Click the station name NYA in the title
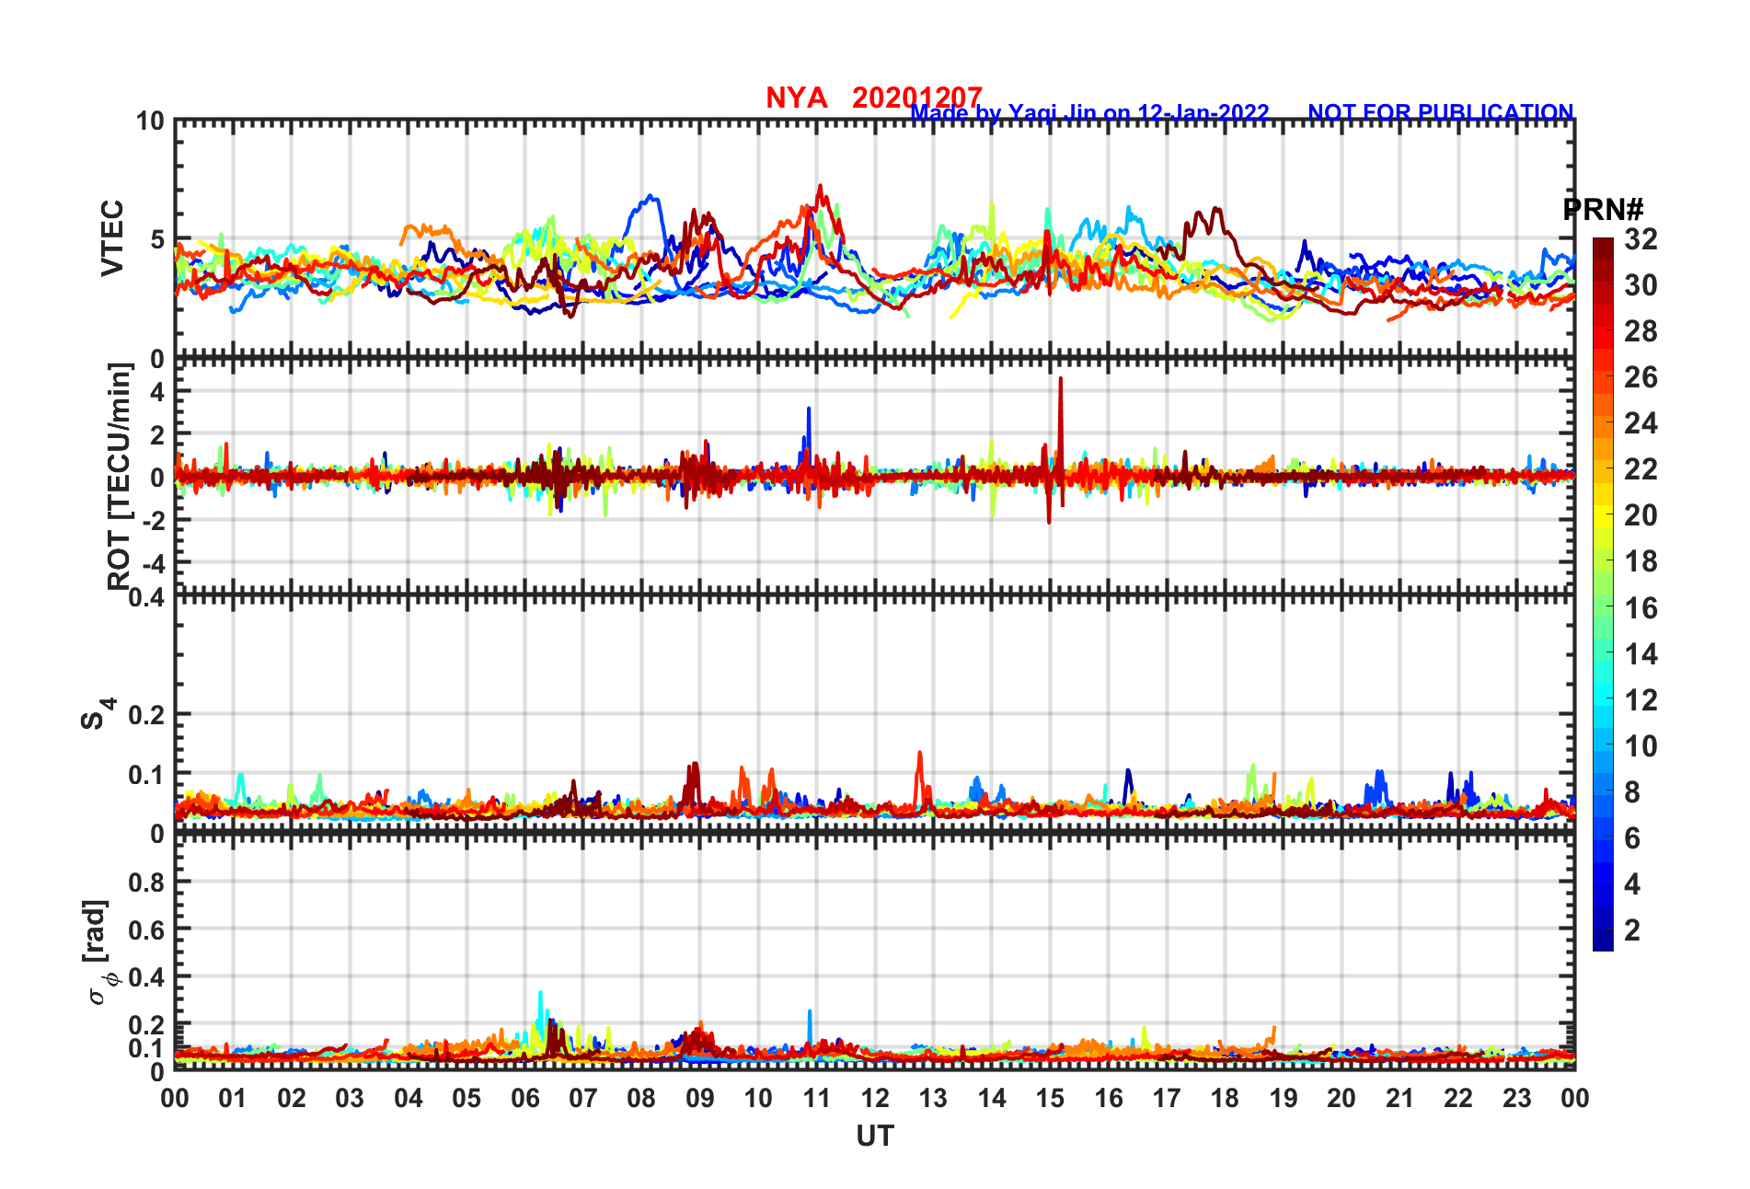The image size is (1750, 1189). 796,98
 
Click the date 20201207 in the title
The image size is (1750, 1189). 916,98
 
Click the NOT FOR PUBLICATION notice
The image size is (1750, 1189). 1440,113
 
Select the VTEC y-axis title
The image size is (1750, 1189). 112,238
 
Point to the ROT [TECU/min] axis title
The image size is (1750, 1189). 120,476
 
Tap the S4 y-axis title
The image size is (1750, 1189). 96,713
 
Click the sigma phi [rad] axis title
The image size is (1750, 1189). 98,952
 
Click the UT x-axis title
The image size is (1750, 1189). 874,1137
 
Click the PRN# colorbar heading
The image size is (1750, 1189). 1603,210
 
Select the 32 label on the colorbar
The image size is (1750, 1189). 1641,240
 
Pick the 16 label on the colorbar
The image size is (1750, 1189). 1641,608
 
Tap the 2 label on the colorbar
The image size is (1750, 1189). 1632,930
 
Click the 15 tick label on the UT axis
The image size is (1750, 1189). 1050,1099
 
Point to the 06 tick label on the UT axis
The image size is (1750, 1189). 524,1099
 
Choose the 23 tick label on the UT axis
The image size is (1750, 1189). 1516,1099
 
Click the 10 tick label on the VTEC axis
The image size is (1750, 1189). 150,121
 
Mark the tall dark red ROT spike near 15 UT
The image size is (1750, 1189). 1060,380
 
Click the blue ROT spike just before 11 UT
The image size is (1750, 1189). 809,410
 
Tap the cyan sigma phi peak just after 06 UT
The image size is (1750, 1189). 540,994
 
